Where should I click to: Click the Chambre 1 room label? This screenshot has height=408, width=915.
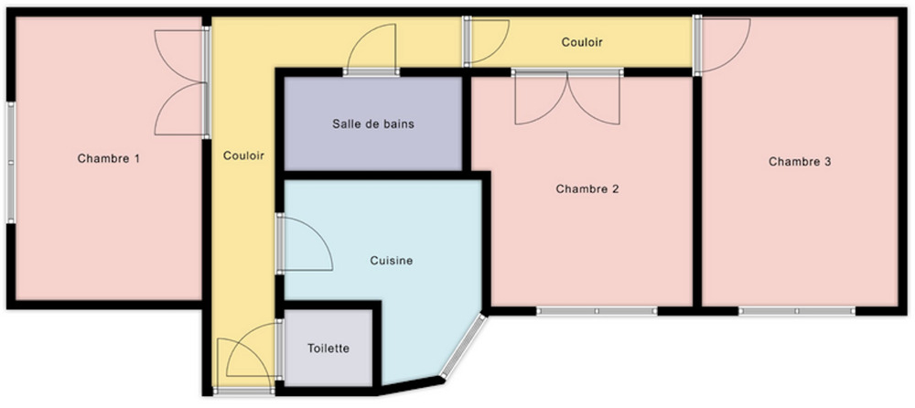(109, 158)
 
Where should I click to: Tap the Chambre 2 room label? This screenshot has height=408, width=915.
(587, 189)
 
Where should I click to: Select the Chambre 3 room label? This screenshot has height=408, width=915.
(800, 162)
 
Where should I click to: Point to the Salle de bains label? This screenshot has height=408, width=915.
(373, 123)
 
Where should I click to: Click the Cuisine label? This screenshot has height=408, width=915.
(392, 261)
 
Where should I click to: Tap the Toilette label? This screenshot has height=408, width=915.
(328, 349)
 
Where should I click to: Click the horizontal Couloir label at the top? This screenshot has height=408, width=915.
(582, 43)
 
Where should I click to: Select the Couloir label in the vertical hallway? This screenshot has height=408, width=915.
(244, 156)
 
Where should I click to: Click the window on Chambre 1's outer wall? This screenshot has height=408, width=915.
(10, 162)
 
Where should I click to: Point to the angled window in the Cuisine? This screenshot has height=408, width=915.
(463, 346)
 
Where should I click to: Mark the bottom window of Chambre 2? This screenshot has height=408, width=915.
(597, 311)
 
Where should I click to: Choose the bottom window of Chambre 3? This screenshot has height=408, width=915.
(797, 311)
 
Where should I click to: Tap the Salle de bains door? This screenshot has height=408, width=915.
(371, 49)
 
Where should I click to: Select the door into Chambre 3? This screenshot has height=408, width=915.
(721, 45)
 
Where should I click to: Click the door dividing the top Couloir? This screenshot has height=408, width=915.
(486, 41)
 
